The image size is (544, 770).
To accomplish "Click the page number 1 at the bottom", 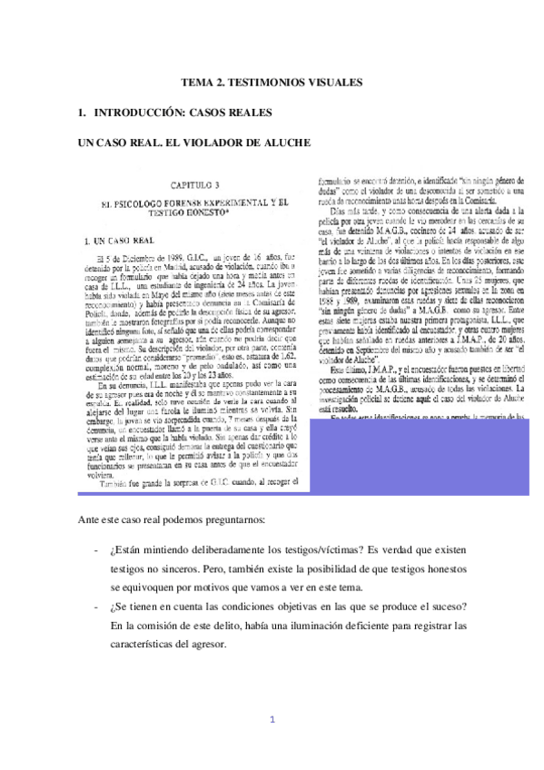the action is tap(272, 722).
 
